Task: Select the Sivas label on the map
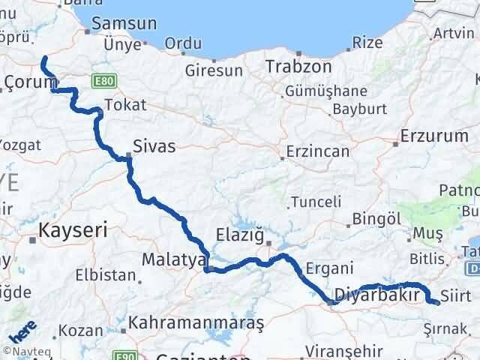(x=154, y=145)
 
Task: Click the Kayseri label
(x=73, y=227)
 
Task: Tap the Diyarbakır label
(x=375, y=293)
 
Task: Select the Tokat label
(x=125, y=104)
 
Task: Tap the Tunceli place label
(x=316, y=202)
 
